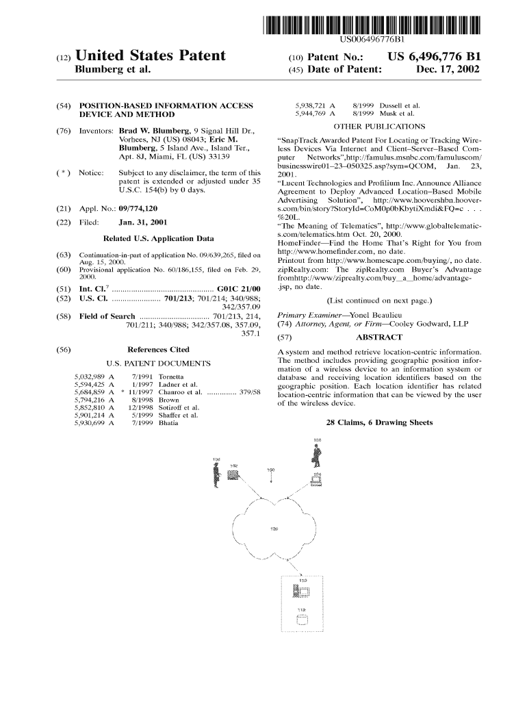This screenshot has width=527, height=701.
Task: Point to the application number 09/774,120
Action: pos(142,207)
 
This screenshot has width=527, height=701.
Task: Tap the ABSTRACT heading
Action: pos(379,337)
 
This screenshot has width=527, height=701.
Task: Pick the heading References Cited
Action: pos(158,349)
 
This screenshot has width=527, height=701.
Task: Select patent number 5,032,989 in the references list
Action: pos(89,377)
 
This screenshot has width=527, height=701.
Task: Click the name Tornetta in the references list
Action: pos(170,377)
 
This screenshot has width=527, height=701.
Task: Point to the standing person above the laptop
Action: pos(316,455)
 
